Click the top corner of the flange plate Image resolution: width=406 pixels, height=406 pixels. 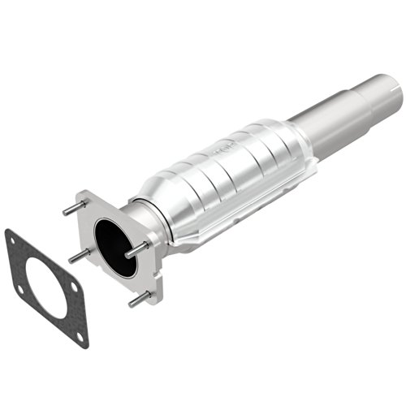pos(84,196)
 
